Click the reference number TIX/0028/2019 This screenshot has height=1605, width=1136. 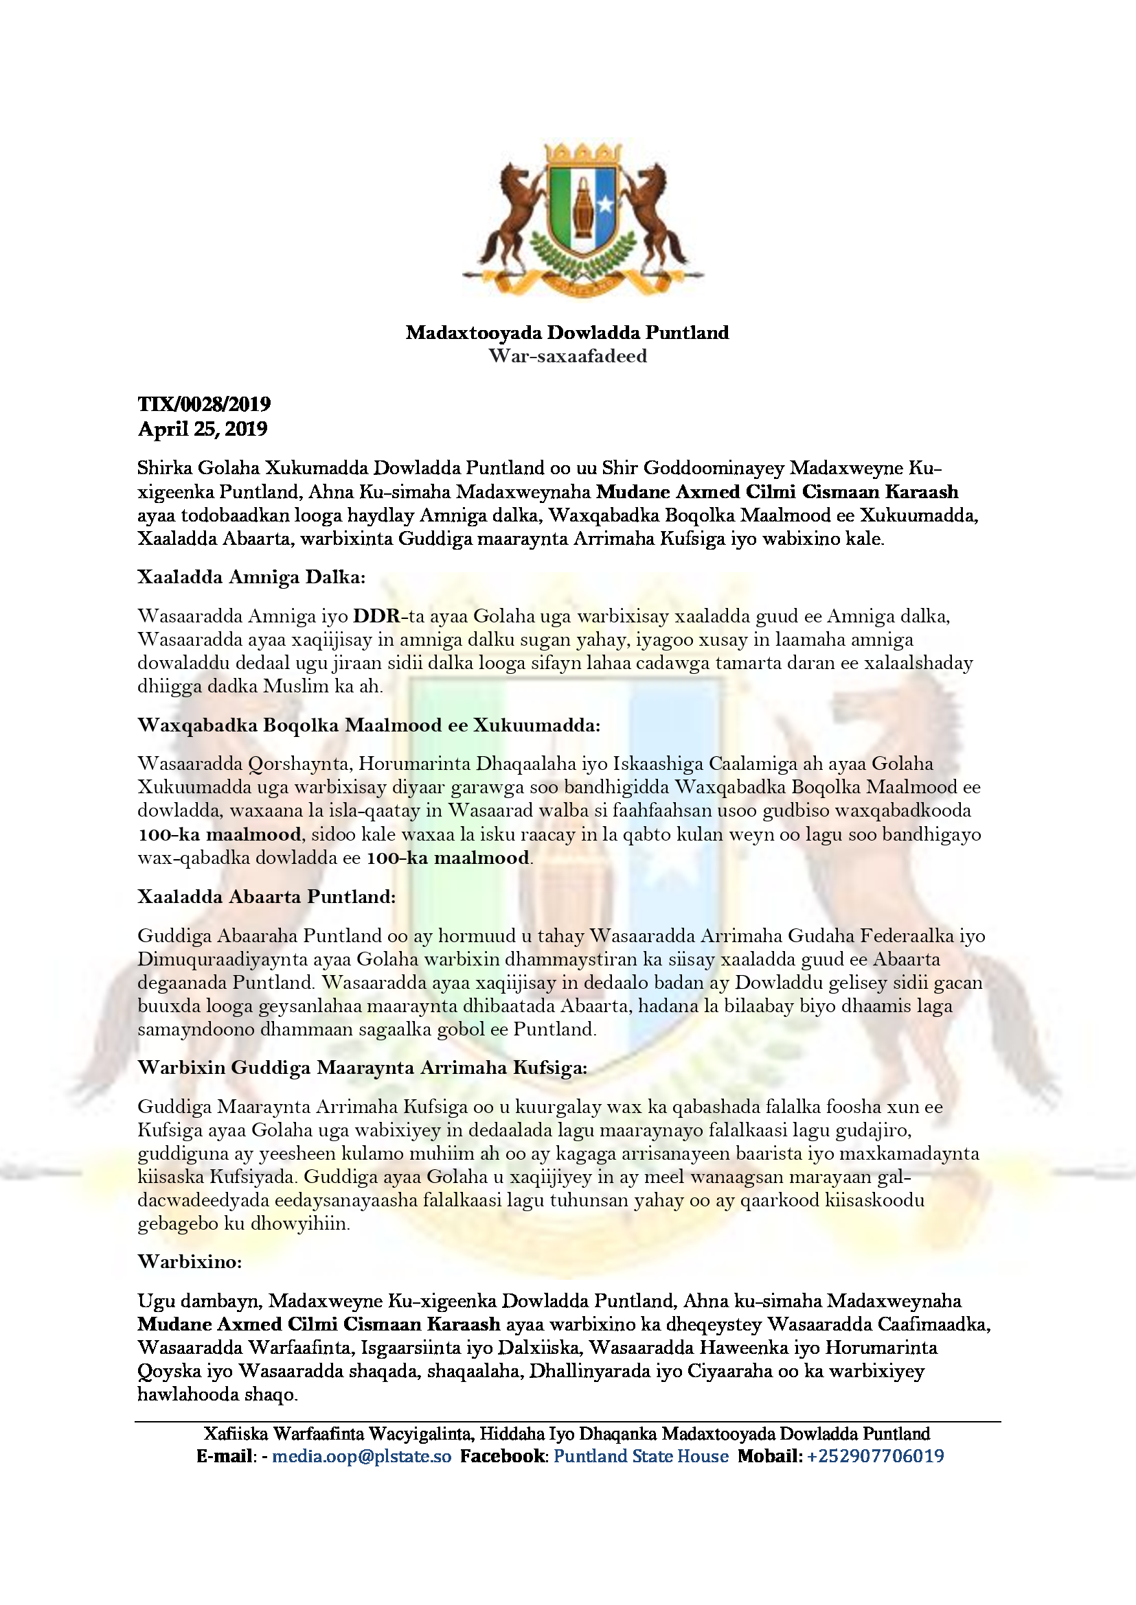pos(203,404)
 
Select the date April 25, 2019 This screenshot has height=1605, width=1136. pos(202,428)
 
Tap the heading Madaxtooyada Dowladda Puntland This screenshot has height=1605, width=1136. pos(567,332)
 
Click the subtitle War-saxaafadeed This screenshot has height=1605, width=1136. pos(567,356)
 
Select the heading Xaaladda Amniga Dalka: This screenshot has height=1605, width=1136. pos(251,576)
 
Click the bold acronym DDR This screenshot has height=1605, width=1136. pos(376,616)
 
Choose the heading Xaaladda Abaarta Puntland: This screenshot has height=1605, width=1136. pos(266,897)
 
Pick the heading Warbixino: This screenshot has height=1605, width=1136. pos(190,1262)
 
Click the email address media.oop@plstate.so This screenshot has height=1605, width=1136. pos(362,1456)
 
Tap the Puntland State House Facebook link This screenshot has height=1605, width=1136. pos(641,1456)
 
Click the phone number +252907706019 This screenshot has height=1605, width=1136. pos(875,1456)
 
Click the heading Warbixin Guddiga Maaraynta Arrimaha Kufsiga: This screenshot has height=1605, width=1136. pos(362,1068)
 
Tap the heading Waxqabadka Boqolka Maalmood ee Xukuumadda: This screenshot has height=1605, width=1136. pos(369,725)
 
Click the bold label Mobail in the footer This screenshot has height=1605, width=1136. pos(768,1456)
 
